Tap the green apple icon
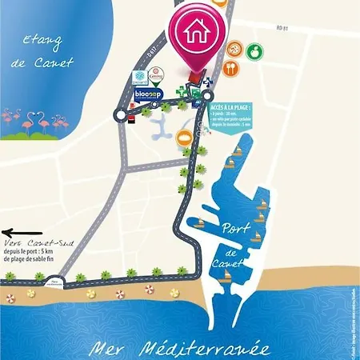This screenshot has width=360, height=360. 254,50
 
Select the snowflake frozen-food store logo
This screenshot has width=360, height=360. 137,78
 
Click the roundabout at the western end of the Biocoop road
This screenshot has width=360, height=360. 120,114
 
